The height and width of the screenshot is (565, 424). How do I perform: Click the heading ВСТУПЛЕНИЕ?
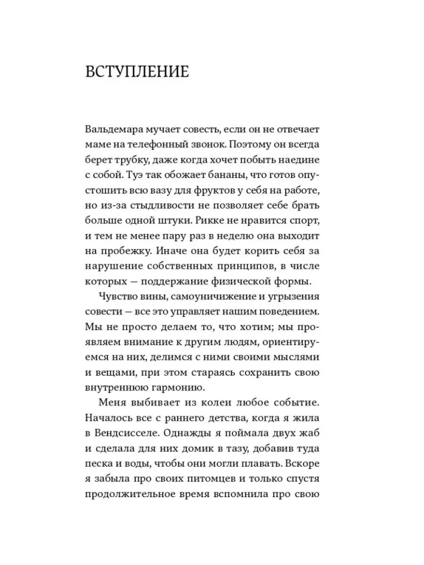(x=137, y=74)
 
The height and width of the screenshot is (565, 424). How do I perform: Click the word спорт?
(x=306, y=233)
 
